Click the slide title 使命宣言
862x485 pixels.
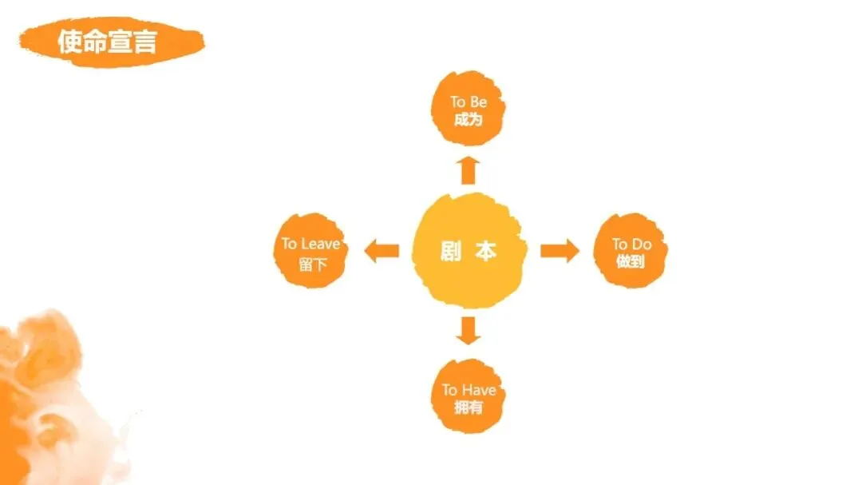click(x=107, y=41)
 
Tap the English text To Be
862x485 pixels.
click(x=469, y=102)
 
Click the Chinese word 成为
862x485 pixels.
click(x=469, y=120)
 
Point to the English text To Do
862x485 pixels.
click(x=631, y=244)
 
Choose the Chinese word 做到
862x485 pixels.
click(x=631, y=261)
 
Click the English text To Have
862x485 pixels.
click(x=469, y=390)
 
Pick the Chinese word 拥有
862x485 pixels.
click(x=469, y=407)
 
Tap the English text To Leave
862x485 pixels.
click(x=310, y=244)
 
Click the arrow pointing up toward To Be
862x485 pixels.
click(x=469, y=170)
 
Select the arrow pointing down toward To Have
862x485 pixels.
click(x=469, y=330)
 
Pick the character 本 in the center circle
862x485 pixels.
click(x=485, y=251)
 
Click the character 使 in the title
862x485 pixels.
click(x=70, y=42)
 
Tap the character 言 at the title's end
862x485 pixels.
click(x=144, y=42)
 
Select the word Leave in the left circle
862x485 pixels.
click(x=321, y=244)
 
